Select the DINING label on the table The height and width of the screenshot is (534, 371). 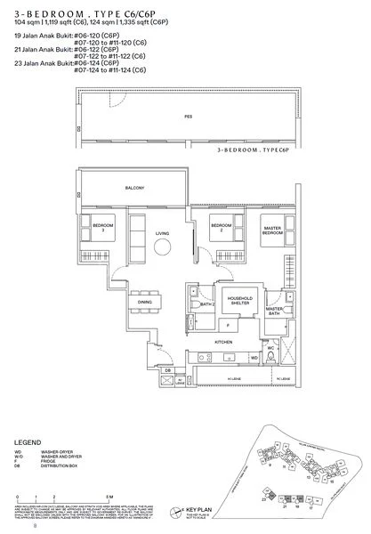click(x=144, y=302)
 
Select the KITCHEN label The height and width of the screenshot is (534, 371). click(x=222, y=341)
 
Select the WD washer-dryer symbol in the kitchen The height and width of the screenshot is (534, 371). click(x=254, y=357)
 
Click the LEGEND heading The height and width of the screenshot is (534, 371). click(x=31, y=441)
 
